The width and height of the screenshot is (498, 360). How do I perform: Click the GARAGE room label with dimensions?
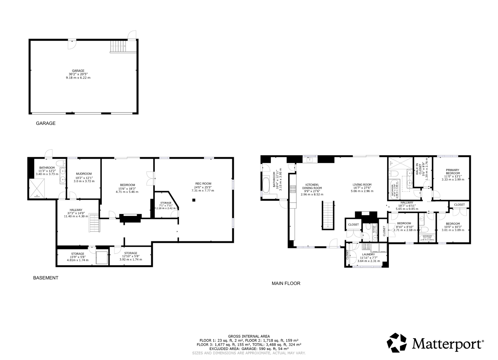(78, 74)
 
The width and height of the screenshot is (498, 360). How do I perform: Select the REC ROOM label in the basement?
(203, 187)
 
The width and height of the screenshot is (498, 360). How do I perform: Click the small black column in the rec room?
(194, 200)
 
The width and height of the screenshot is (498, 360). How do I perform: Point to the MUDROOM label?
(84, 178)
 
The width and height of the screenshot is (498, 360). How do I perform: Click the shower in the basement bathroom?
(37, 188)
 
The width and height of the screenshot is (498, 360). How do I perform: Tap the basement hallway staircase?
(94, 223)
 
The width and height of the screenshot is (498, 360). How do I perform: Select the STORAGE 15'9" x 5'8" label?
(77, 257)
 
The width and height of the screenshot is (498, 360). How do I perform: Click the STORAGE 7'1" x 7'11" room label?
(166, 205)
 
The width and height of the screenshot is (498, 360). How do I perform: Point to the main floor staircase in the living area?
(328, 215)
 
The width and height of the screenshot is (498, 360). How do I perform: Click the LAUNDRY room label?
(368, 258)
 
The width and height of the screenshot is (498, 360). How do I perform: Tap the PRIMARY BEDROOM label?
(453, 174)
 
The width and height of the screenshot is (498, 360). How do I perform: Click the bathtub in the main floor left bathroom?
(266, 185)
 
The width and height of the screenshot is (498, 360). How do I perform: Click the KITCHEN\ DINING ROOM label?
(312, 189)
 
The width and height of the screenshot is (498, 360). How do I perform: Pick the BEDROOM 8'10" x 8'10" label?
(404, 226)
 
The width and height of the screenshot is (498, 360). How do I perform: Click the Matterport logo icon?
(397, 343)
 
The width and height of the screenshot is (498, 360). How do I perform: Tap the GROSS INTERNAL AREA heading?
(249, 336)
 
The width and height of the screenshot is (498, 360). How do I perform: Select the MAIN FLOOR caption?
(286, 283)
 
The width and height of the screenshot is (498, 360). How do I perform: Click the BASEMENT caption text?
(46, 278)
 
